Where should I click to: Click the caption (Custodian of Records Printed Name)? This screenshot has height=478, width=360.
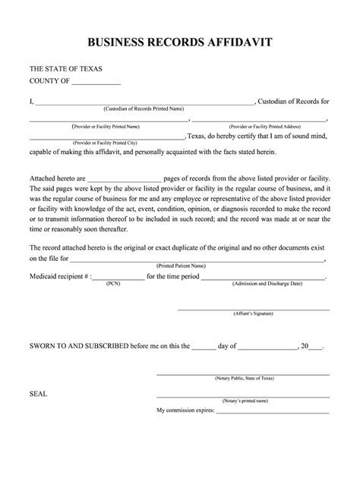pos(144,108)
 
